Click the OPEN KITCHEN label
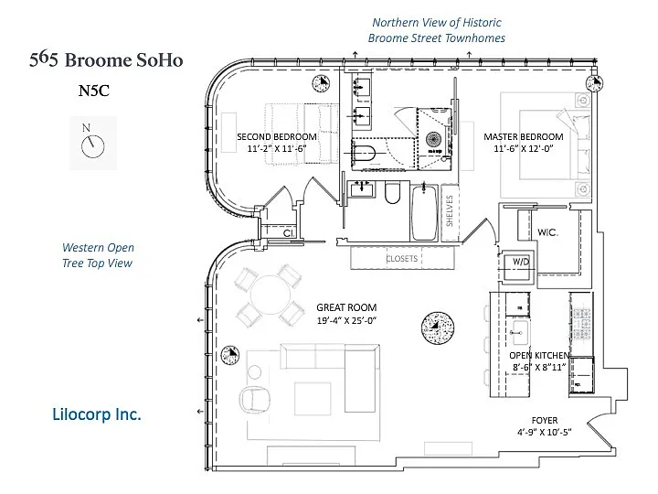(539, 355)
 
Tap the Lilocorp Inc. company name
(96, 414)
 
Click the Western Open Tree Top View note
(98, 255)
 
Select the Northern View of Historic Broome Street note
(436, 30)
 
